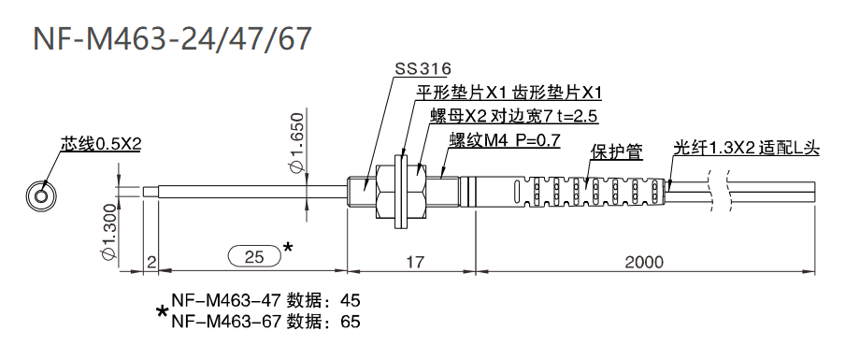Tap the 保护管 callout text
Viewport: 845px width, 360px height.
pyautogui.click(x=616, y=151)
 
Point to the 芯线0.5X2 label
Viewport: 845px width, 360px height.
pyautogui.click(x=100, y=144)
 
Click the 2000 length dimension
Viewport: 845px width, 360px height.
pyautogui.click(x=645, y=263)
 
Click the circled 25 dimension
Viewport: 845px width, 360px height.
pyautogui.click(x=253, y=255)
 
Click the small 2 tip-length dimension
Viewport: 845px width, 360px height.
pyautogui.click(x=150, y=263)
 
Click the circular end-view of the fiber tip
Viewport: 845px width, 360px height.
pyautogui.click(x=40, y=194)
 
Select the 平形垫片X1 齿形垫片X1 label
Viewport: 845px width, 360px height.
pyautogui.click(x=509, y=93)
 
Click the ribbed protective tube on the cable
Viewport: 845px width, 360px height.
pyautogui.click(x=571, y=191)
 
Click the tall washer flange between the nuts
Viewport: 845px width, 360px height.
pyautogui.click(x=400, y=191)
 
